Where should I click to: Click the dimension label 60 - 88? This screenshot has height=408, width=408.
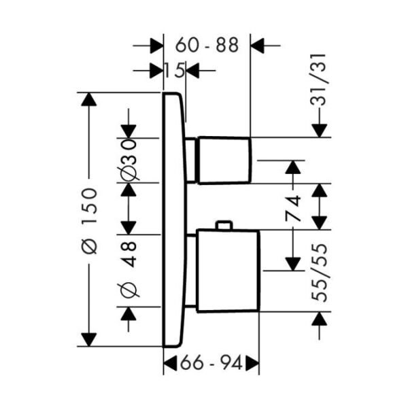coord(207,46)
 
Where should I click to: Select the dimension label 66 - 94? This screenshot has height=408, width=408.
coord(211,364)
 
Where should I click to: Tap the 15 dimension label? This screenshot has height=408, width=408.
coord(175,69)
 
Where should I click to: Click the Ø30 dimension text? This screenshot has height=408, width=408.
coord(129,158)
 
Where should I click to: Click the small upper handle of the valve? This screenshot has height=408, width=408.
coord(225,160)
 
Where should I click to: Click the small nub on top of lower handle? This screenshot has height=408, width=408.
coord(223,226)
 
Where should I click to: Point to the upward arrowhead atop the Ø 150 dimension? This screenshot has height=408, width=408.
coord(89,100)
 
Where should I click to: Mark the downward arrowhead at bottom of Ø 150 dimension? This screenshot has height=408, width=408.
coord(89,339)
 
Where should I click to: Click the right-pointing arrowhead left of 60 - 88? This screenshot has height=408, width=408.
coord(157,46)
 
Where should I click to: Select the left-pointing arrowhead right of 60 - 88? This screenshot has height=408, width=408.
coord(258,46)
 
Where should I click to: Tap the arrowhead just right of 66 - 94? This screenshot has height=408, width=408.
coord(252,364)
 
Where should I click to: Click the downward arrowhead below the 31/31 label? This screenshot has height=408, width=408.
coord(319,129)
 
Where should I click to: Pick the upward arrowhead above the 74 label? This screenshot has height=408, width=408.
coord(293,167)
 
